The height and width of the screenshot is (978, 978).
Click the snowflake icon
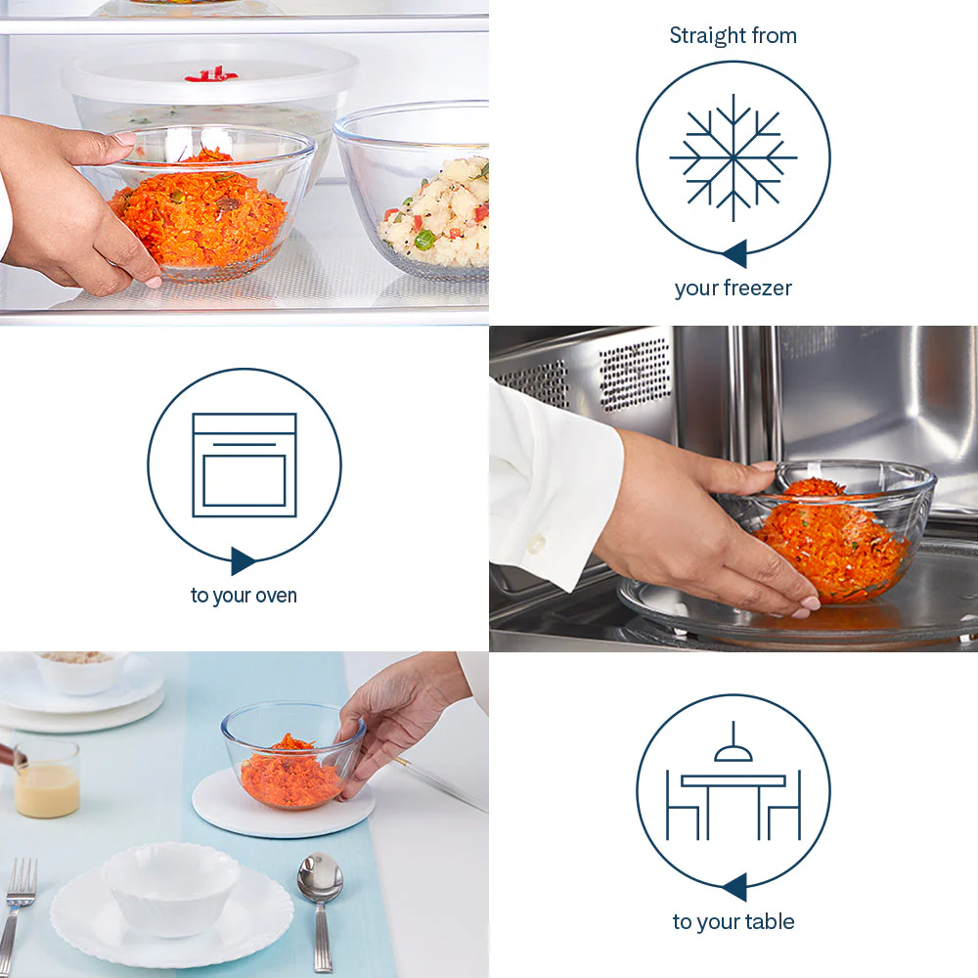click(733, 157)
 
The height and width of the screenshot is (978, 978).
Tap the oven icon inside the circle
click(244, 465)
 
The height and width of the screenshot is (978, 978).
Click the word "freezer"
click(758, 289)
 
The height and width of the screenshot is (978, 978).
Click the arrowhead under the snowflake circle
click(735, 253)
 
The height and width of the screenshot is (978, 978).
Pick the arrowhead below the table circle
click(735, 887)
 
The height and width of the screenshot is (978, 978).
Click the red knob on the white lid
click(211, 75)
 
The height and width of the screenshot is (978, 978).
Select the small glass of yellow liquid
click(47, 778)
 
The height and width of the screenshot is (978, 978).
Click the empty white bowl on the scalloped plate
click(171, 888)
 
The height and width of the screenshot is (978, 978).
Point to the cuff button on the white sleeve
click(535, 544)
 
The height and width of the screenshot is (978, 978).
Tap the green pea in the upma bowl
click(424, 240)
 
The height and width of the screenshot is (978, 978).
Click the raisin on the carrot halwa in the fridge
click(229, 202)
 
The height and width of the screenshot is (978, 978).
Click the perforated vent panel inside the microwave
click(635, 375)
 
